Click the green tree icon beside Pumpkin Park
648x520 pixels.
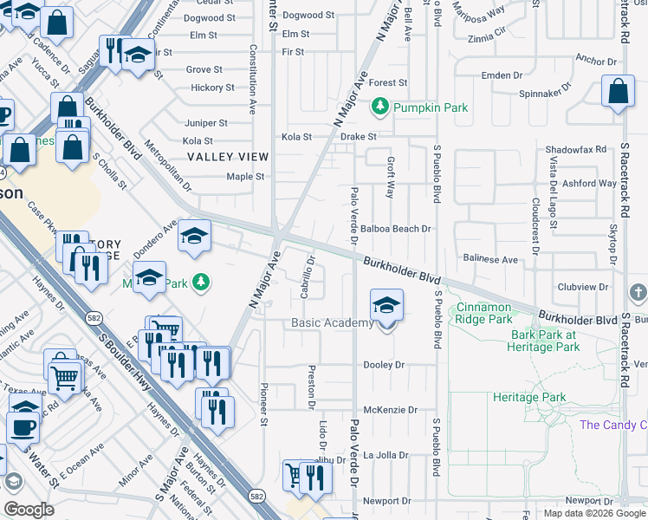click(379, 107)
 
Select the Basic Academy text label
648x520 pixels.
click(332, 323)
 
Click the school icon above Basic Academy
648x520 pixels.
click(386, 305)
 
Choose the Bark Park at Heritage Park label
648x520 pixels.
click(544, 341)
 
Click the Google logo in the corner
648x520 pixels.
click(28, 510)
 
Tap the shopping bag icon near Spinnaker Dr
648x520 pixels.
click(619, 93)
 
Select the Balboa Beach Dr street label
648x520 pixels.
click(396, 229)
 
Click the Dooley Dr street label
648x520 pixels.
click(384, 365)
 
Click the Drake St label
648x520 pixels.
click(358, 137)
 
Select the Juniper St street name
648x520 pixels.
click(205, 123)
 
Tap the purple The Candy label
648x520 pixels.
click(612, 425)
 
